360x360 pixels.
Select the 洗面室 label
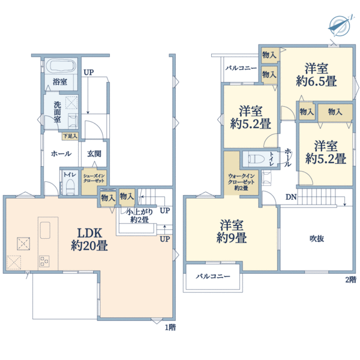[57, 112]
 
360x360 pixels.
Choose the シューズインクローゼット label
[95, 178]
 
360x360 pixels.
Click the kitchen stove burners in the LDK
[46, 261]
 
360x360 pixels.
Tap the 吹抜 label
[317, 238]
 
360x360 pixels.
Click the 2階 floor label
[350, 279]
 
